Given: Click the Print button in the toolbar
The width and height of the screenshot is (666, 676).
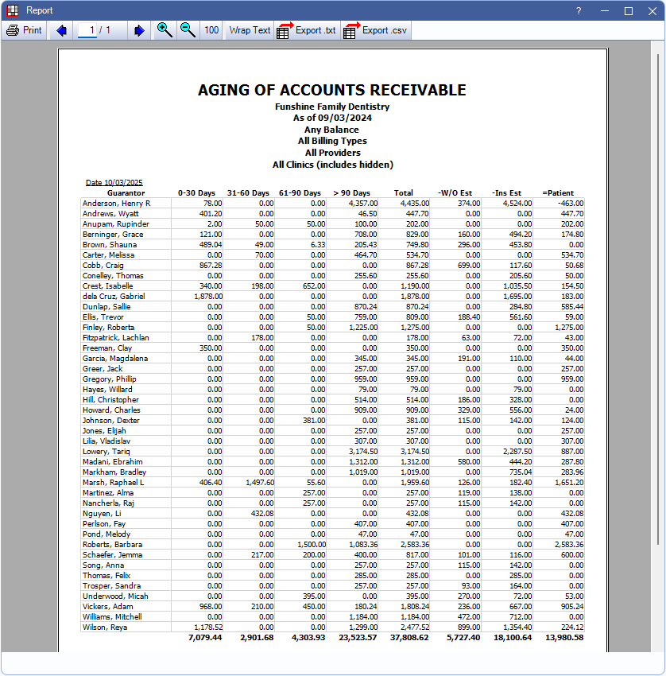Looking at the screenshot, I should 24,30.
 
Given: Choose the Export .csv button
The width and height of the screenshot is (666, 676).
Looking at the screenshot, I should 374,30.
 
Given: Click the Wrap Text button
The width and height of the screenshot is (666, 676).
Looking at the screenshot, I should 250,30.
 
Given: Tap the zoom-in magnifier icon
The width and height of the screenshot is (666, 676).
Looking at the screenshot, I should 165,30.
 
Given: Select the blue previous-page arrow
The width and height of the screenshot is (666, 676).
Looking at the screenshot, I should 61,30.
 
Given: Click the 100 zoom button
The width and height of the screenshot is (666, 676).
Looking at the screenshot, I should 211,30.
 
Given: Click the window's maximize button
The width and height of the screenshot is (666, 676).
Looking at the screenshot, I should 629,10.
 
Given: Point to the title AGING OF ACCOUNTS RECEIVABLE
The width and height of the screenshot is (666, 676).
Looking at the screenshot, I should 332,91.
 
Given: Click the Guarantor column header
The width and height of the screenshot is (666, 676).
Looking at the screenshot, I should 126,192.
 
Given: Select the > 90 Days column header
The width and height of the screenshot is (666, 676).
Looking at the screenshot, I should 351,192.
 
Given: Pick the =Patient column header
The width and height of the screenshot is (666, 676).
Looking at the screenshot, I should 563,192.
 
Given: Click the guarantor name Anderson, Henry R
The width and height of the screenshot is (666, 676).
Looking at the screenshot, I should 116,204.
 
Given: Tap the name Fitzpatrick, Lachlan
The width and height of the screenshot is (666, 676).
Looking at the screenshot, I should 115,338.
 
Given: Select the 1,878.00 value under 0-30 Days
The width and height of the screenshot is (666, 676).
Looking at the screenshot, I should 206,297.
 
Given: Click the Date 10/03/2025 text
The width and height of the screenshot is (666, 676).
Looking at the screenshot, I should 114,182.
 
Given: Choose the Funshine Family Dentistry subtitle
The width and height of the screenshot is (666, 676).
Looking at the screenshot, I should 332,107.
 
